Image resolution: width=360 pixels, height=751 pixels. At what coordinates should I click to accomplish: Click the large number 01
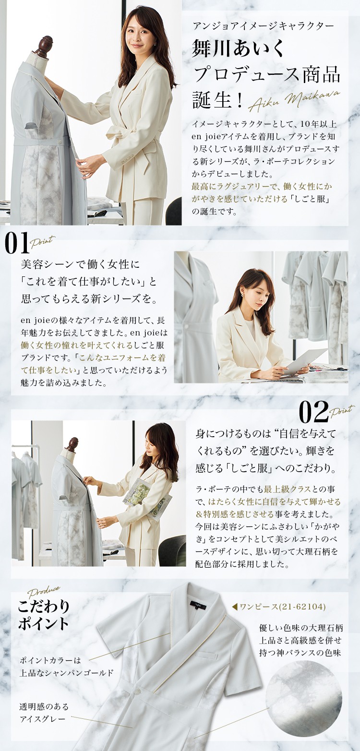pyautogui.click(x=17, y=244)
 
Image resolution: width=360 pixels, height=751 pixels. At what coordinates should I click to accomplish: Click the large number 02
pyautogui.click(x=313, y=412)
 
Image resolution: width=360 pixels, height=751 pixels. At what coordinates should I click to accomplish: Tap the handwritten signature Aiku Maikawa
pyautogui.click(x=294, y=100)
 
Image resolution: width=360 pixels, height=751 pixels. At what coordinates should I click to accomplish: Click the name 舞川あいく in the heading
pyautogui.click(x=239, y=48)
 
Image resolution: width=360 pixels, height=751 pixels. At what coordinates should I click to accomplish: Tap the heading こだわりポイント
pyautogui.click(x=44, y=614)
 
